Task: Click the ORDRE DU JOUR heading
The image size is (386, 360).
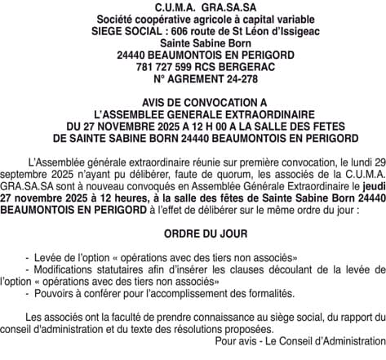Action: click(193, 232)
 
